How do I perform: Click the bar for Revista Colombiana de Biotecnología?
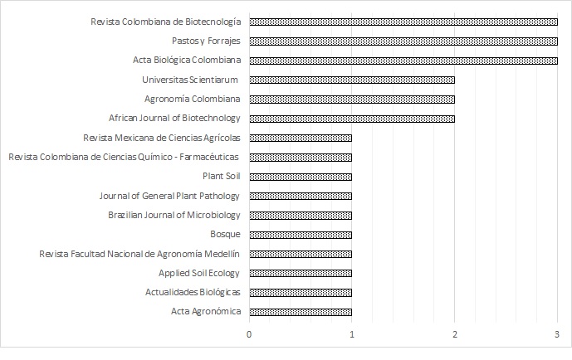click(x=403, y=22)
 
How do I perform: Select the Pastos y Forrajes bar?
click(x=403, y=41)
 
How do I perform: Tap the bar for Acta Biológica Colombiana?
click(x=403, y=60)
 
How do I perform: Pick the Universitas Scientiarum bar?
click(x=352, y=80)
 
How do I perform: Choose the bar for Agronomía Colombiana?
click(x=352, y=99)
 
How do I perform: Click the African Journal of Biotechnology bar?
click(x=352, y=118)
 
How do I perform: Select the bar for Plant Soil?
click(x=301, y=176)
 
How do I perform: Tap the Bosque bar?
click(x=301, y=234)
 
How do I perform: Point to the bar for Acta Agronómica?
click(x=301, y=311)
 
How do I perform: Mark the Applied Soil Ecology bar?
click(x=301, y=273)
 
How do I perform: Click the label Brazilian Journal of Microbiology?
click(x=174, y=215)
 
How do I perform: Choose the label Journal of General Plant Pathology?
click(x=169, y=196)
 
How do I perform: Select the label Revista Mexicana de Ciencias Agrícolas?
click(x=162, y=138)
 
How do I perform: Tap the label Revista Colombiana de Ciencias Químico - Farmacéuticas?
click(x=124, y=157)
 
